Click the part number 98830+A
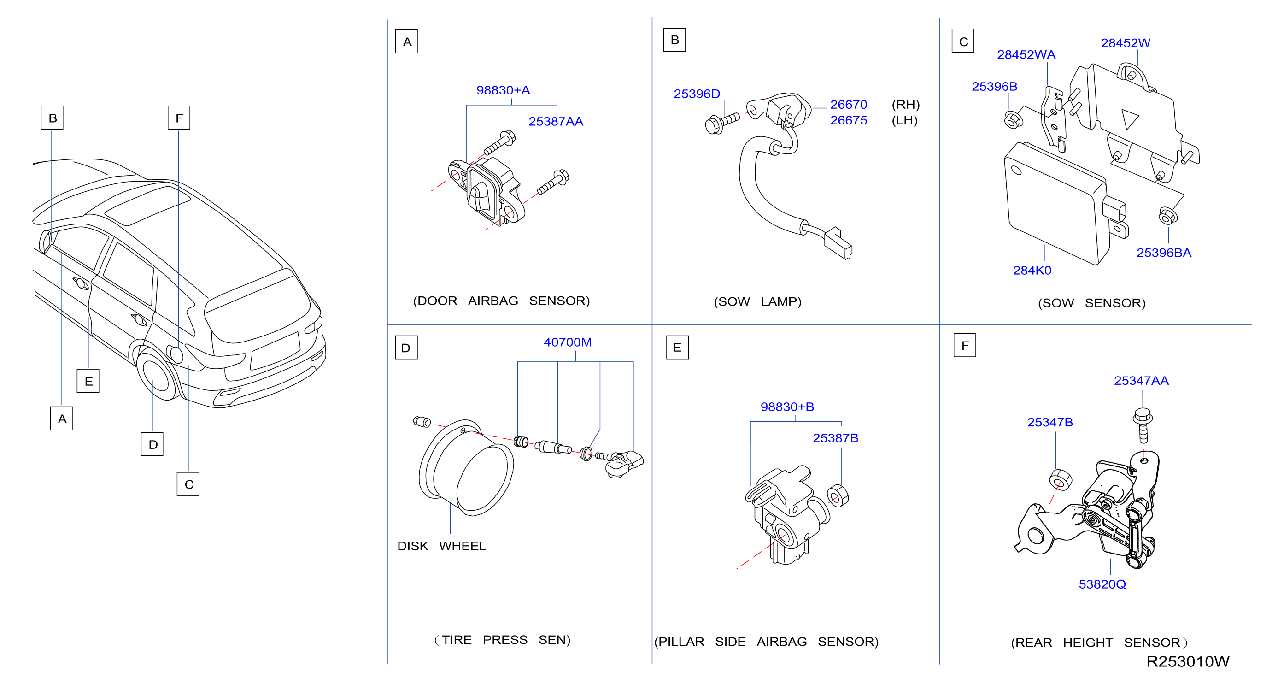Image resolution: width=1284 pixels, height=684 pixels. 503,90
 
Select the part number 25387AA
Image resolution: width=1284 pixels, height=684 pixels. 556,121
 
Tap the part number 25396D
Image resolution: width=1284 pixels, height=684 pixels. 697,94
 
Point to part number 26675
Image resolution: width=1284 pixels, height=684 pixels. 848,120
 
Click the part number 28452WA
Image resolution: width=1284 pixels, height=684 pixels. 1026,54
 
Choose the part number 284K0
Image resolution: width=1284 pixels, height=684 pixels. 1032,270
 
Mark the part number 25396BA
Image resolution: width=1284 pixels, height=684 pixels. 1164,253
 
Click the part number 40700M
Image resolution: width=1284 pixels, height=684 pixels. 568,342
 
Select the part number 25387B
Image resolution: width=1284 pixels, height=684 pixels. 835,438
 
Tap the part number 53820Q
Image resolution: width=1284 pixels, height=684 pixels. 1102,584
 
